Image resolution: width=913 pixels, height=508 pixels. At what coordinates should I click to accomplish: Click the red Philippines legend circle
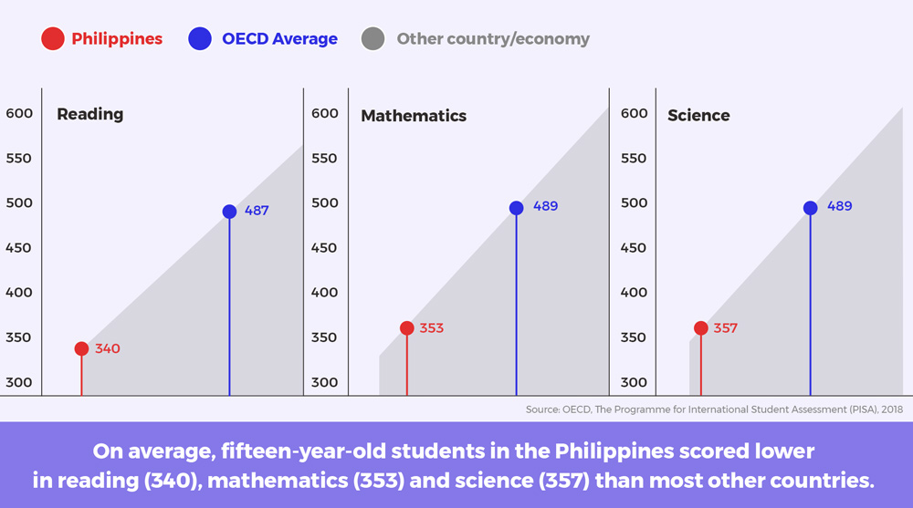[52, 39]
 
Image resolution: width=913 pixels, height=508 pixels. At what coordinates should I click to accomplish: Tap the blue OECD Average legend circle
[200, 39]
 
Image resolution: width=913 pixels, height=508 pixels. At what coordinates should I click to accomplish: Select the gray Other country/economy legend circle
[373, 39]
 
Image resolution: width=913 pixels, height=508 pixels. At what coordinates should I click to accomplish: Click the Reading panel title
[90, 114]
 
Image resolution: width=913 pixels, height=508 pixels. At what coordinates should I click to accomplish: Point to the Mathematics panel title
[414, 116]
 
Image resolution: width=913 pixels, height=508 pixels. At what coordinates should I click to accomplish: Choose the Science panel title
[698, 115]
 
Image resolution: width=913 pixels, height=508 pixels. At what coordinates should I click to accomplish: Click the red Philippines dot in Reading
[81, 348]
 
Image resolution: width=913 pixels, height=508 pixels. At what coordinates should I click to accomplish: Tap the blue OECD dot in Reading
[229, 212]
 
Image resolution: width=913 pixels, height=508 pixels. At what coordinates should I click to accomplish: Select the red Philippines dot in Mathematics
[407, 328]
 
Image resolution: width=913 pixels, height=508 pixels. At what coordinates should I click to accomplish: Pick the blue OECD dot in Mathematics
[517, 208]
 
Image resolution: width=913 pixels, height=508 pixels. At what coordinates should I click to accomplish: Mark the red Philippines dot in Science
[701, 328]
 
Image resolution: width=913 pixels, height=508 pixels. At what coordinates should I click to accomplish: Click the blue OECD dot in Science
[811, 208]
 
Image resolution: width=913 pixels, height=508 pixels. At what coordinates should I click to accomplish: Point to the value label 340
[108, 348]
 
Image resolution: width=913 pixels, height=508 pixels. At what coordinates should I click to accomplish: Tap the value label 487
[257, 211]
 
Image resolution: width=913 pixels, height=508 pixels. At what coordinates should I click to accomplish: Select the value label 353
[432, 328]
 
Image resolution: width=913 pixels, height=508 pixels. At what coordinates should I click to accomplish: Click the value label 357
[726, 328]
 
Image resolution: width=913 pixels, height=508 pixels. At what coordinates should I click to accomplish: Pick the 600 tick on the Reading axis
[19, 113]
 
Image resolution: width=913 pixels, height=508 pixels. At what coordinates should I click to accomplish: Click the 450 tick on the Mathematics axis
[324, 248]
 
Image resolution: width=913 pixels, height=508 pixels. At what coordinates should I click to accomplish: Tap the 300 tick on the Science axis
[634, 382]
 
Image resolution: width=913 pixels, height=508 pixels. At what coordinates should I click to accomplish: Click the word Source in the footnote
[542, 410]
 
